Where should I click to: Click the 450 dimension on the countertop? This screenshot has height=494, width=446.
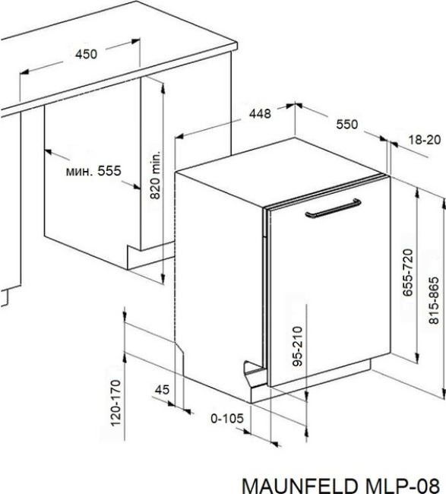click(x=86, y=54)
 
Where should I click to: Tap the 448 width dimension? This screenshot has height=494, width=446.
click(x=260, y=114)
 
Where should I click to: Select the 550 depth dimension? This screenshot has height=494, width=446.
click(x=347, y=125)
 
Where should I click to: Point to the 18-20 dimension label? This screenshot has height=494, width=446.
click(x=425, y=140)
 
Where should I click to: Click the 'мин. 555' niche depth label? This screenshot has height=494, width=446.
click(x=93, y=171)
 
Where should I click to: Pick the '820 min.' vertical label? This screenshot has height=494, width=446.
click(x=155, y=175)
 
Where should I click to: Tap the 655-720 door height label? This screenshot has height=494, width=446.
click(x=408, y=273)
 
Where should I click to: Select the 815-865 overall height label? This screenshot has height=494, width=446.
click(x=434, y=300)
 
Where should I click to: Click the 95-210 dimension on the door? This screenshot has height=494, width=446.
click(x=297, y=347)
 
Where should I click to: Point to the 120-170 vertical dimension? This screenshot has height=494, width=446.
click(x=115, y=403)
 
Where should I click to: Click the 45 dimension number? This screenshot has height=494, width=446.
click(x=162, y=390)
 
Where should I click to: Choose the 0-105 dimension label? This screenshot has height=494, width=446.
click(x=227, y=419)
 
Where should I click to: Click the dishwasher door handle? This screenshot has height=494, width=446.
click(x=333, y=209)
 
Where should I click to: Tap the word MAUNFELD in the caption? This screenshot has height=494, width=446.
click(x=299, y=486)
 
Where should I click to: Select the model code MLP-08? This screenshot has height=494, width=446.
click(x=400, y=486)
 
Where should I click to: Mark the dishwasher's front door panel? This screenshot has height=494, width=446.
click(x=329, y=280)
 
